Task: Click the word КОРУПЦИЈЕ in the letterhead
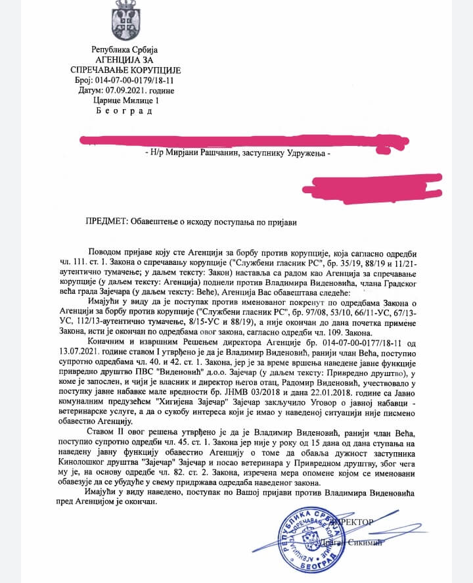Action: [151, 70]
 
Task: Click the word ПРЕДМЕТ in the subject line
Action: [107, 222]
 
